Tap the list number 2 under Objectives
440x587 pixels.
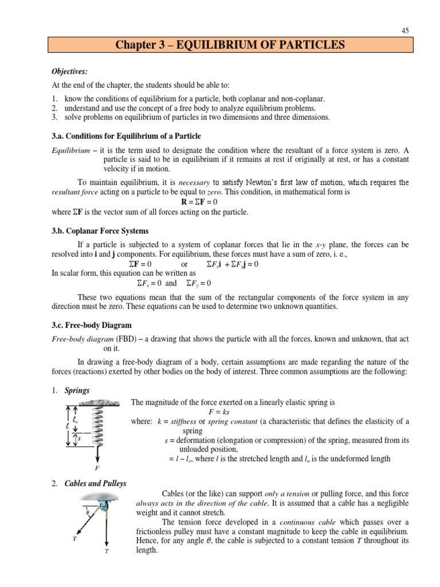(x=54, y=108)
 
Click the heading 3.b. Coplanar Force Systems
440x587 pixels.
(x=100, y=231)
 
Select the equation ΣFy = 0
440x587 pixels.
(x=198, y=283)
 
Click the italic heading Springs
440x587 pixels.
(x=77, y=390)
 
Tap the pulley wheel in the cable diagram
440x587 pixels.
(x=104, y=506)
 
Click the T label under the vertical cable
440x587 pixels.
(x=107, y=551)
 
